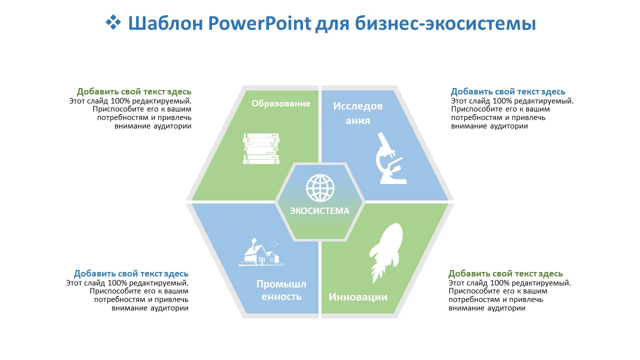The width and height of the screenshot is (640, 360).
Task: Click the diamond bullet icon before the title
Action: [x=113, y=22]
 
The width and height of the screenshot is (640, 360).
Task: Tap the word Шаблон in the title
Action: [x=165, y=23]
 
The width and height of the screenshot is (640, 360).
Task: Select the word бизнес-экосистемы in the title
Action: [x=445, y=23]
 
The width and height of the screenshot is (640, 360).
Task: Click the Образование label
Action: [x=281, y=103]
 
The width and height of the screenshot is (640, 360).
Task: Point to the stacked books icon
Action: [x=261, y=148]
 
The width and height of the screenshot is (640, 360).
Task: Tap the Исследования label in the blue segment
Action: [x=357, y=113]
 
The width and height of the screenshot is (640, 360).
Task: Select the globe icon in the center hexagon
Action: [x=320, y=188]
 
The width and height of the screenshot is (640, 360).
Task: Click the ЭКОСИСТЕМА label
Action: [x=319, y=211]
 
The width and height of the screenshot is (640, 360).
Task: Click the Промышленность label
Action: [x=281, y=290]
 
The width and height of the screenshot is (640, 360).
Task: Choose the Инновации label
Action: [x=358, y=297]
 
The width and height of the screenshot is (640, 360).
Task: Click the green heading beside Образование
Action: [x=134, y=91]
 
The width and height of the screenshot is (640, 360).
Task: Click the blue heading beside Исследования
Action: [x=508, y=91]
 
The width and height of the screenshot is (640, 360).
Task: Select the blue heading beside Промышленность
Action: [x=131, y=273]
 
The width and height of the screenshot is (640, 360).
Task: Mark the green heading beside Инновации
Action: [x=505, y=273]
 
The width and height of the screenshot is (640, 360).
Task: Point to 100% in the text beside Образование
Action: [x=120, y=101]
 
